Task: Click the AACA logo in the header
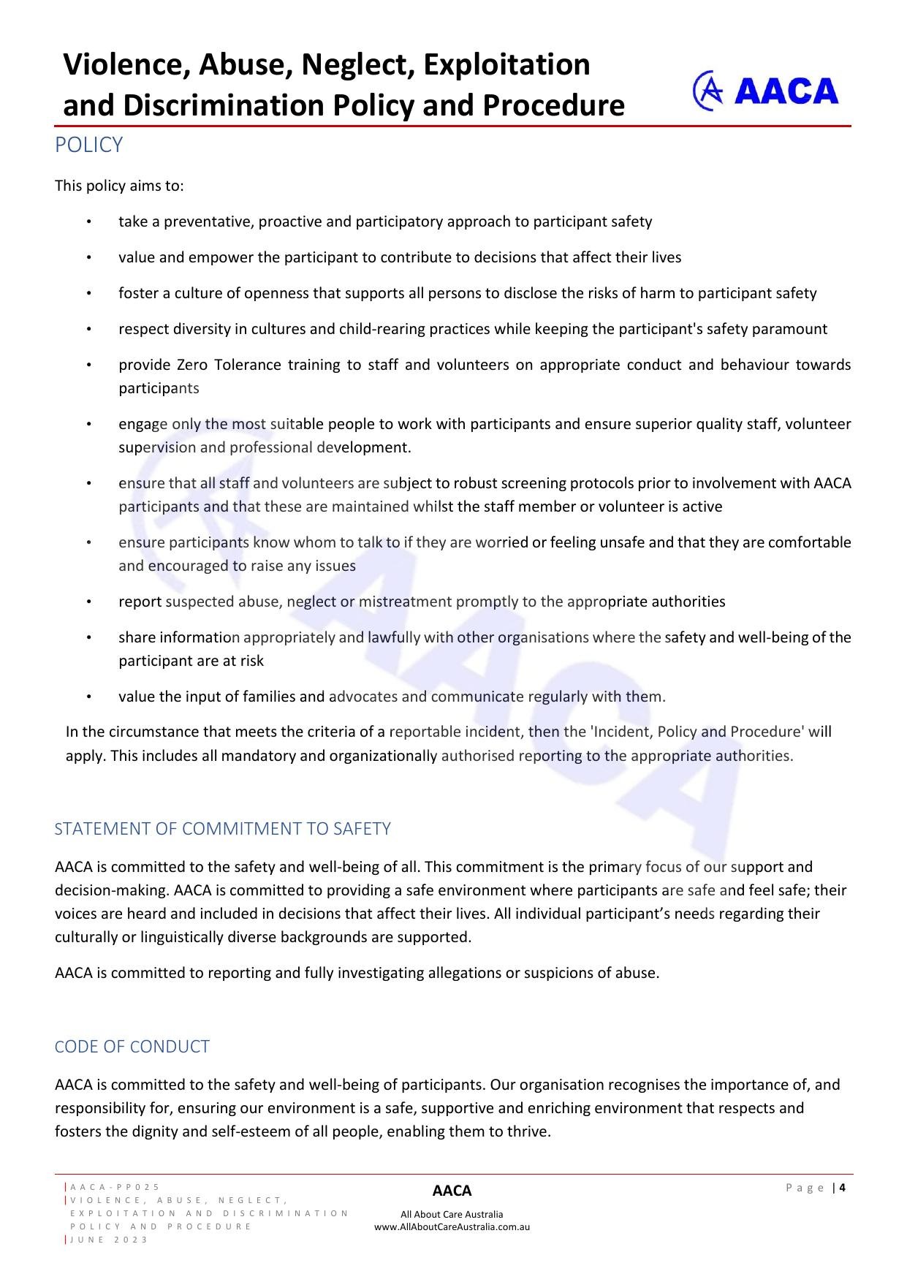tap(765, 91)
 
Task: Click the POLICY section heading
tap(88, 145)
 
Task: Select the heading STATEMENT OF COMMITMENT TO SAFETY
tap(222, 828)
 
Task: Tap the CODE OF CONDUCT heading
tap(132, 1046)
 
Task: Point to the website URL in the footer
tap(452, 1226)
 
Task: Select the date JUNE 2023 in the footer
tap(110, 1240)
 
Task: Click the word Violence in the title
tap(117, 64)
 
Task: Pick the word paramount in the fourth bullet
tap(792, 329)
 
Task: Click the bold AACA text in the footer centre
tap(452, 1191)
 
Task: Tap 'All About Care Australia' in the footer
tap(452, 1214)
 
